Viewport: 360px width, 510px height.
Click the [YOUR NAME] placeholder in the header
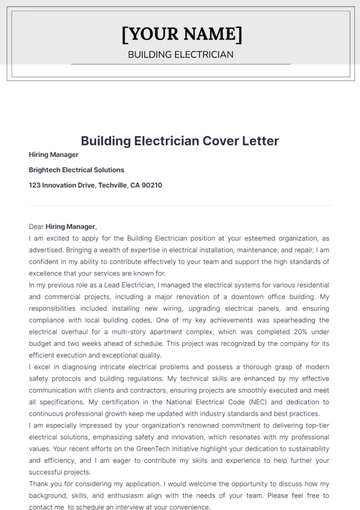[180, 33]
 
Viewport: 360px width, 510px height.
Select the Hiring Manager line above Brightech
[52, 156]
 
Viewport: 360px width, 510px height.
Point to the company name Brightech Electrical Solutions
[77, 170]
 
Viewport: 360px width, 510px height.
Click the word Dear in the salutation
[38, 228]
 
